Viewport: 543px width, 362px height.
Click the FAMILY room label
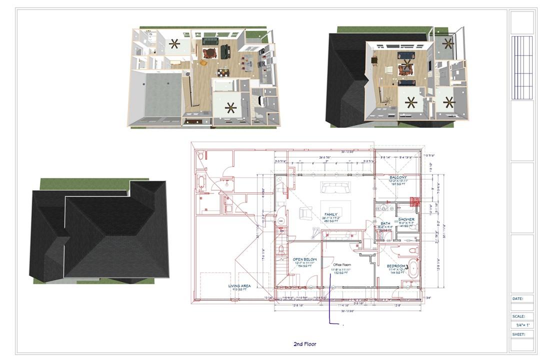tap(330, 214)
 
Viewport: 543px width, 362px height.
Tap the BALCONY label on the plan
tap(398, 177)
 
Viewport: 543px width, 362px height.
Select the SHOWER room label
tap(407, 219)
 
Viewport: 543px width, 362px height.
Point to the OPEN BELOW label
tap(304, 259)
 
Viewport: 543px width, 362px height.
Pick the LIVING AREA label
tap(239, 286)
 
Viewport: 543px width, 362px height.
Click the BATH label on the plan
tap(385, 223)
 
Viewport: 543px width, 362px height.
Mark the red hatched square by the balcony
tap(414, 201)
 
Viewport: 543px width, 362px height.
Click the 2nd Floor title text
tap(304, 344)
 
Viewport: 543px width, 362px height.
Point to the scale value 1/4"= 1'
tap(521, 324)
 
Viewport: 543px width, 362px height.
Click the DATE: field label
tap(517, 298)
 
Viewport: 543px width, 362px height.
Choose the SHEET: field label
tap(518, 334)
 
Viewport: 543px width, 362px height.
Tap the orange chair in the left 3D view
tap(203, 62)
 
